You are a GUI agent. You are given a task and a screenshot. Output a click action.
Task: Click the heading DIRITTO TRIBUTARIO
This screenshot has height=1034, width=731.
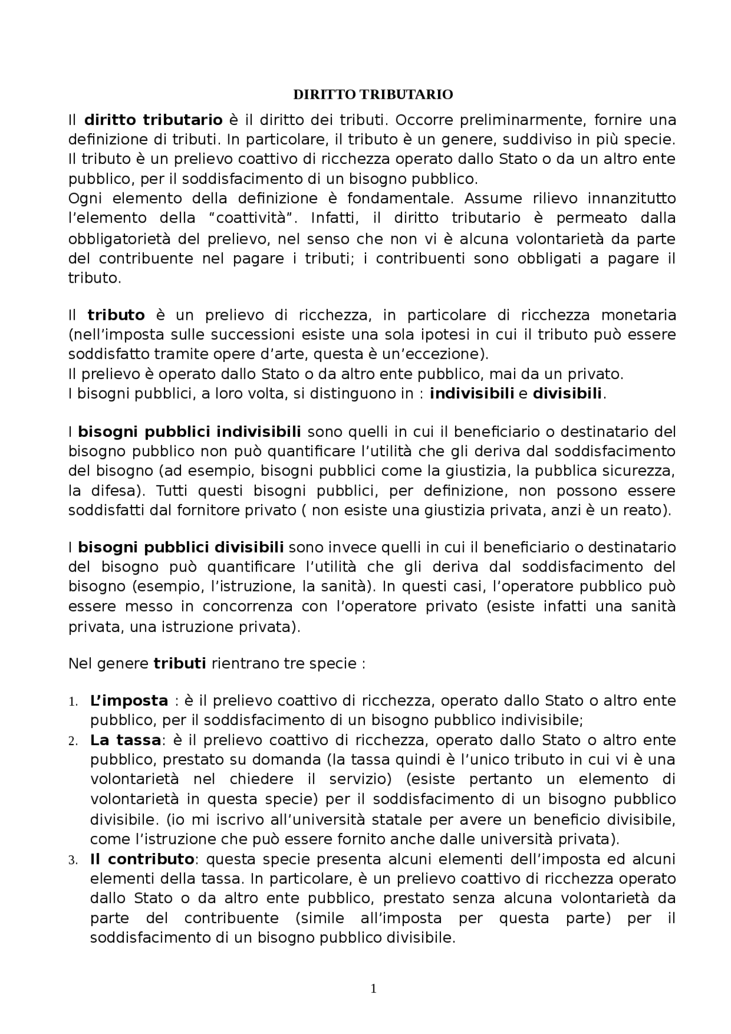373,95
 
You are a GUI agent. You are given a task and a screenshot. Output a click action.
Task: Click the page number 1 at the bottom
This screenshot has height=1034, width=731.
373,989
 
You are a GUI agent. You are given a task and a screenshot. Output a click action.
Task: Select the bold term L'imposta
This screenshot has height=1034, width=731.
129,701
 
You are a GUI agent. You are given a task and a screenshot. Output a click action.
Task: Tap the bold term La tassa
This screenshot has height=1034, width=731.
125,740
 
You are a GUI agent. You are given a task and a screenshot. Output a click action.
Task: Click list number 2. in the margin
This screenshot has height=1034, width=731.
73,741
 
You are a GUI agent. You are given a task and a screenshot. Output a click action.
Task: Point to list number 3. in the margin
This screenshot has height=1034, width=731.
73,860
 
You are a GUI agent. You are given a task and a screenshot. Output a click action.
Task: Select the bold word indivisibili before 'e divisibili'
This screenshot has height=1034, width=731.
472,393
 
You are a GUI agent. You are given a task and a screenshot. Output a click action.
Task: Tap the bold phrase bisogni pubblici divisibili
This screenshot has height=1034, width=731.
180,548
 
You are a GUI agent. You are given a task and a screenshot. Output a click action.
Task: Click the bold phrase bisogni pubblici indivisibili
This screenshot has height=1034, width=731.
189,432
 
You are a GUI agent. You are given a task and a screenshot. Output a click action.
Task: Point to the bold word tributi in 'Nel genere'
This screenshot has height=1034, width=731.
180,663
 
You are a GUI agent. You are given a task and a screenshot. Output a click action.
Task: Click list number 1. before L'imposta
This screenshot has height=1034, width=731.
73,702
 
